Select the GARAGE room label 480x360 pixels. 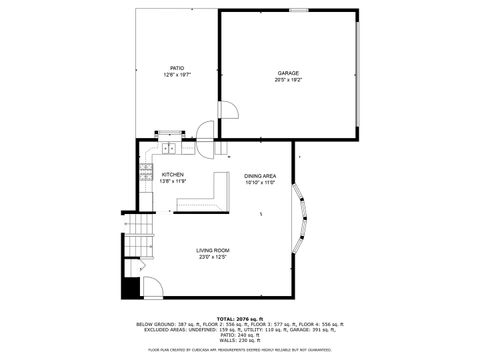[x=288, y=73]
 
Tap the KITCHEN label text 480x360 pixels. [x=173, y=174]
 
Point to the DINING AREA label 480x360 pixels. [x=260, y=174]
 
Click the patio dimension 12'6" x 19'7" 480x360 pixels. [x=177, y=75]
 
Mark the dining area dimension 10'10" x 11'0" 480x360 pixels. [x=260, y=181]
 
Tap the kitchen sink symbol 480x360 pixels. [x=169, y=150]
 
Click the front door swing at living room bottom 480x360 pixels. [x=152, y=287]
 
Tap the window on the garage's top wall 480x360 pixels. [x=298, y=10]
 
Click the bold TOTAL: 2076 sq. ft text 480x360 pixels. [x=240, y=318]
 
